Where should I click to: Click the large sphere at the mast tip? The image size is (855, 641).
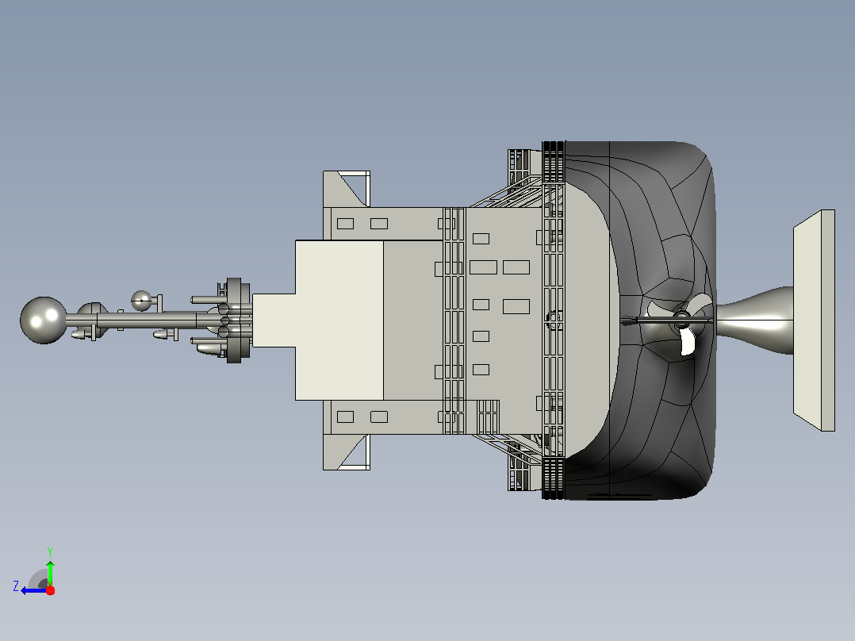43,320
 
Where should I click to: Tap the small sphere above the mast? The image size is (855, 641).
142,301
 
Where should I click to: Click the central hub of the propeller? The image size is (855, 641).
681,320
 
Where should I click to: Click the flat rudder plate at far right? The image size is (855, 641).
814,320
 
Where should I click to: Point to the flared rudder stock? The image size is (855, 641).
755,320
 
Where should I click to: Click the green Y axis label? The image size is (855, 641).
50,551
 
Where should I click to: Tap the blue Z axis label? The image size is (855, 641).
16,586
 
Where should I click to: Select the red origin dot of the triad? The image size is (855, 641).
50,590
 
